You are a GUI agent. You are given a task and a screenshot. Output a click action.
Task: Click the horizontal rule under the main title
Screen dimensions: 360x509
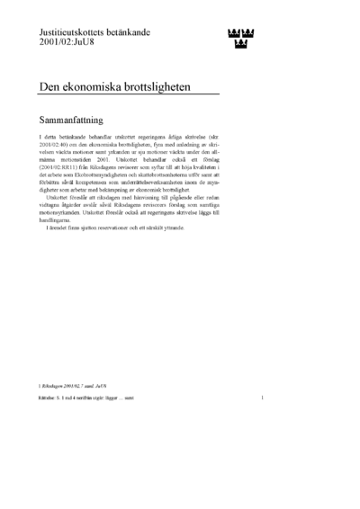pos(129,95)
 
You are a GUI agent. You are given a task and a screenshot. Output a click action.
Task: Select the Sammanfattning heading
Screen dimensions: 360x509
pos(81,118)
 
